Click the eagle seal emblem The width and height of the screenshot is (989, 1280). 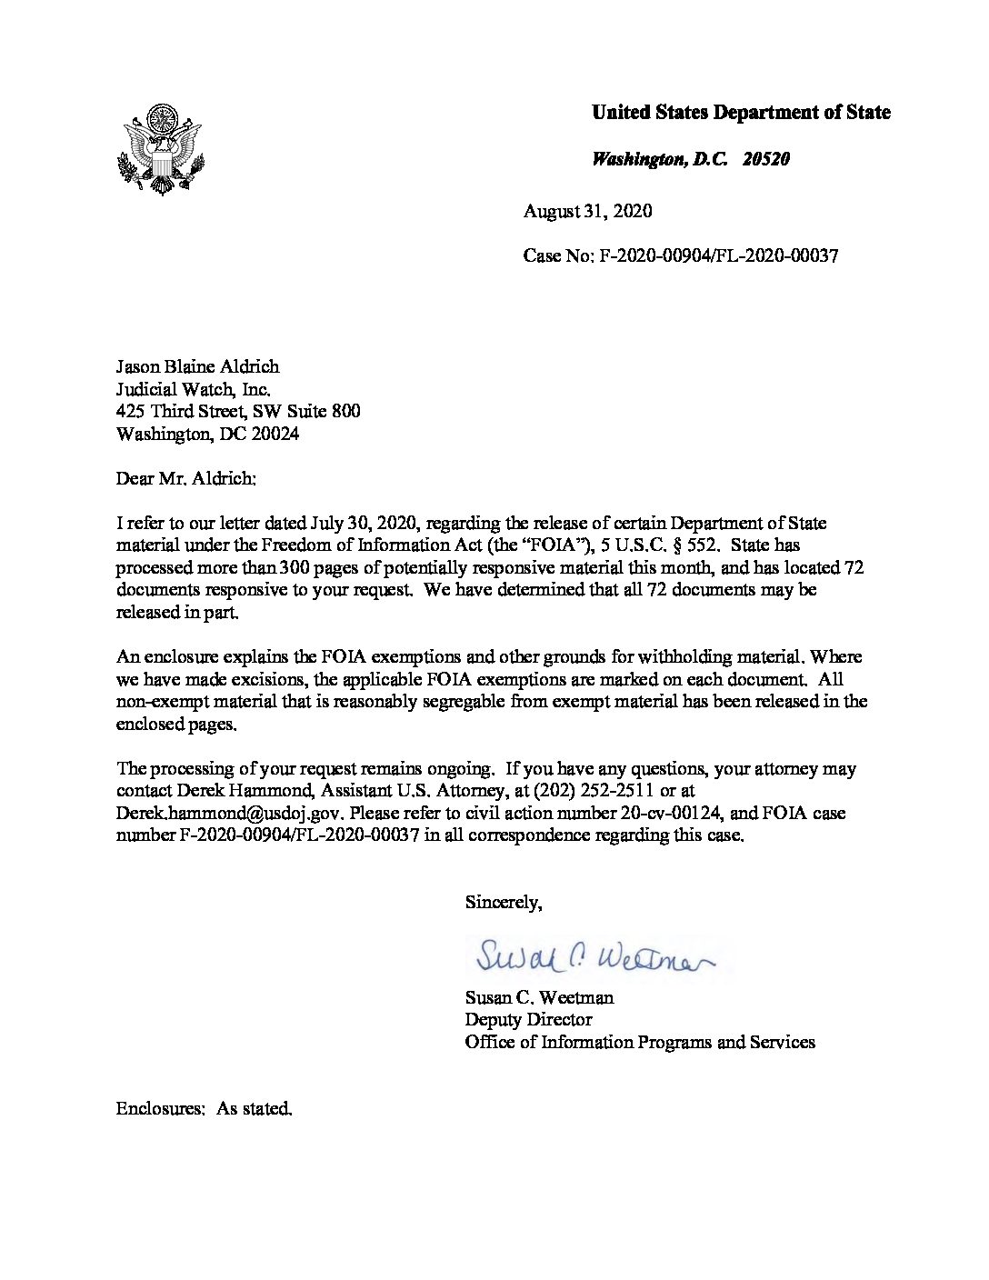tap(161, 148)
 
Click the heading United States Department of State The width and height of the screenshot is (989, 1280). tap(741, 113)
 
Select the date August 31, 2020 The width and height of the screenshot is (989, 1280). tap(587, 211)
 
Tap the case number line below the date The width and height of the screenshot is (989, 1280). tap(680, 255)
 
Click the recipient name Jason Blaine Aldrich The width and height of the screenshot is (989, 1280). tap(197, 366)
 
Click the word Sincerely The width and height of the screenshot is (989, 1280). tap(503, 902)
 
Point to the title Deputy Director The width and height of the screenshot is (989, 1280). tap(528, 1019)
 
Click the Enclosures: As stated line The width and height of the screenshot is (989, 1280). tap(204, 1109)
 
